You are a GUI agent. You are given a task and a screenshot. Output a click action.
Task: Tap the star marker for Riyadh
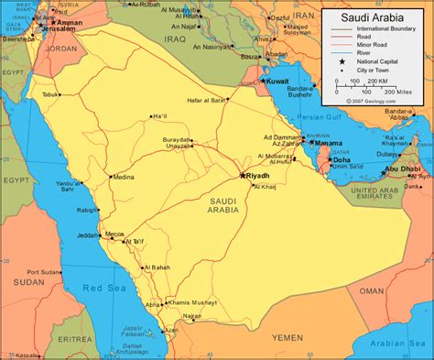pyautogui.click(x=243, y=175)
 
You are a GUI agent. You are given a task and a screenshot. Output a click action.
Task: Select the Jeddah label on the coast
pyautogui.click(x=88, y=234)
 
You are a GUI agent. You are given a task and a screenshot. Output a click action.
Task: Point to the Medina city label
pyautogui.click(x=125, y=177)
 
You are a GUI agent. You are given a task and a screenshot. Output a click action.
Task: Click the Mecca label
pyautogui.click(x=114, y=233)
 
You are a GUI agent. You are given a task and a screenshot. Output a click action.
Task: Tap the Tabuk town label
pyautogui.click(x=49, y=94)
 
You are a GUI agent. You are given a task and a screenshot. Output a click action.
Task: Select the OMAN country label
pyautogui.click(x=371, y=289)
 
